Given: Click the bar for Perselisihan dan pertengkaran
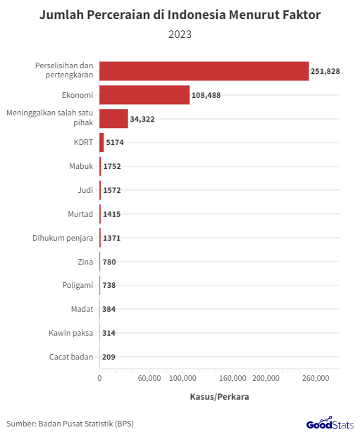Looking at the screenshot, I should pyautogui.click(x=204, y=71).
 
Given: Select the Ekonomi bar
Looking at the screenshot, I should pyautogui.click(x=144, y=95).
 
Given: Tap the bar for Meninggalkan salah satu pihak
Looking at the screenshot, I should pyautogui.click(x=113, y=119).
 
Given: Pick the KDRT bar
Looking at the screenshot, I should pyautogui.click(x=101, y=143).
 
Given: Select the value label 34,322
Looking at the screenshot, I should pyautogui.click(x=142, y=120).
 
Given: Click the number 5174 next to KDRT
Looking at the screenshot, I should pyautogui.click(x=114, y=143).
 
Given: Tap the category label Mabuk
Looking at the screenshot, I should pyautogui.click(x=81, y=167).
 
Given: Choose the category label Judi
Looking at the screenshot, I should pyautogui.click(x=85, y=190).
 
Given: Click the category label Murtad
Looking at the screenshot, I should pyautogui.click(x=80, y=214).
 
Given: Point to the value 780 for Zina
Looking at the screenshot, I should pyautogui.click(x=109, y=262).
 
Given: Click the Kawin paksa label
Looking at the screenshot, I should pyautogui.click(x=71, y=333).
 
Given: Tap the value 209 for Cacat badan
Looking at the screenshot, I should pyautogui.click(x=109, y=357).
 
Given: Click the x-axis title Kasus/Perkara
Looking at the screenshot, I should pyautogui.click(x=219, y=396).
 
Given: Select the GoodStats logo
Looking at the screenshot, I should pyautogui.click(x=330, y=424).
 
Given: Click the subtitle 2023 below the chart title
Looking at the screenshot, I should pyautogui.click(x=180, y=33).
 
